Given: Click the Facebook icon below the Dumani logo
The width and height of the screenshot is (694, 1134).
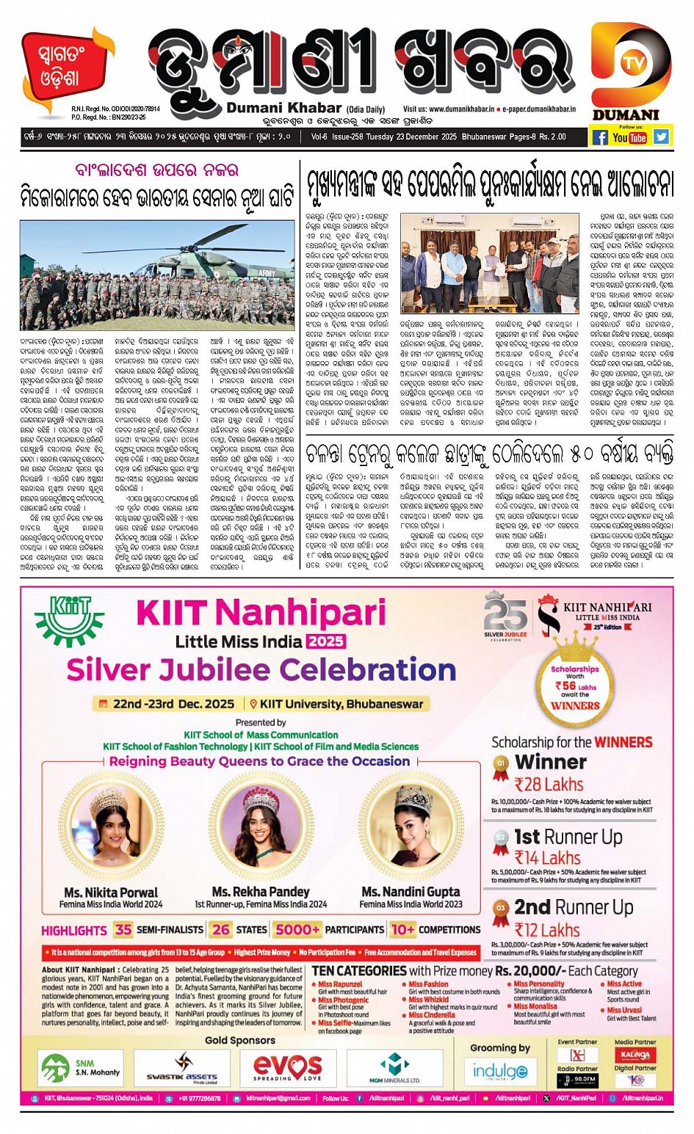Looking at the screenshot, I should (x=600, y=137).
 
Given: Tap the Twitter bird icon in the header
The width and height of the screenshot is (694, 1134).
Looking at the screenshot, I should (x=661, y=137).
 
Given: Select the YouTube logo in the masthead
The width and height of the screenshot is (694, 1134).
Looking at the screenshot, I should (x=630, y=137).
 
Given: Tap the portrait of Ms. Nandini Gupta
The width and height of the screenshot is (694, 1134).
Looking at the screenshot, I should (x=411, y=829).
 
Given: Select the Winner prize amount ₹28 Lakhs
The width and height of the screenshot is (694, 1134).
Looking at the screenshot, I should (x=549, y=785).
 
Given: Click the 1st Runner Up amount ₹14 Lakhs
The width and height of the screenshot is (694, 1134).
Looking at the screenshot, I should (x=547, y=858).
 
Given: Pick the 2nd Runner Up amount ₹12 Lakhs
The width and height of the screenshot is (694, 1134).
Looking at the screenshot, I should (x=547, y=930).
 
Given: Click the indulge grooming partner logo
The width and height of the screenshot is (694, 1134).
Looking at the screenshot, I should (x=499, y=1072).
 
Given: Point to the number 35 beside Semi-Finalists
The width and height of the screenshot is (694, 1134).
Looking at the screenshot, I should (x=123, y=929).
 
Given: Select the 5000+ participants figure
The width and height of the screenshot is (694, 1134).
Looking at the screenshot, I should (x=297, y=929).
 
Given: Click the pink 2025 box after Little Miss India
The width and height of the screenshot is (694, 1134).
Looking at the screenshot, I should (x=325, y=641).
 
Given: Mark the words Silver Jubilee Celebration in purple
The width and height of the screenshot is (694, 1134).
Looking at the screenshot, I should (x=261, y=670).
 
